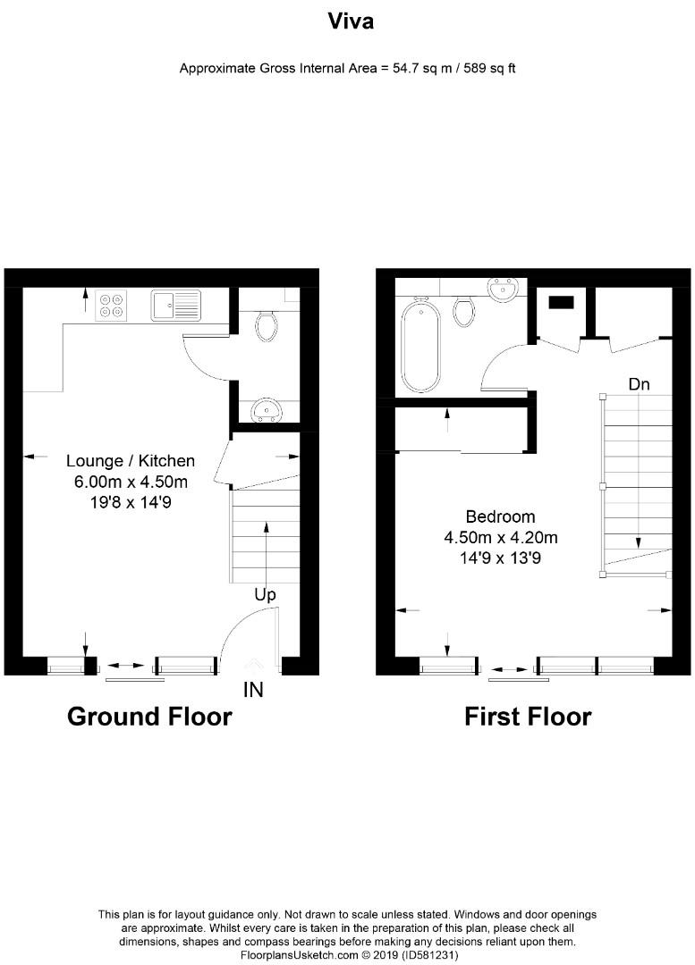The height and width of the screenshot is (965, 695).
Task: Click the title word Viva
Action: tap(349, 22)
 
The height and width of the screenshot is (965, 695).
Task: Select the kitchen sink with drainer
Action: tap(176, 306)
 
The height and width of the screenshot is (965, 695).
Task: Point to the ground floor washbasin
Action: tap(266, 410)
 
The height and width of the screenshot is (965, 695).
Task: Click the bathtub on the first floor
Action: tap(420, 346)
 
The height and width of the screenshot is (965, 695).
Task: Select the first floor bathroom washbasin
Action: tap(504, 289)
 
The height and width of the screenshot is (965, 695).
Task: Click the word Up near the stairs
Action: tap(265, 594)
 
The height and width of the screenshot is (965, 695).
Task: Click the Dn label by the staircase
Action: tap(639, 385)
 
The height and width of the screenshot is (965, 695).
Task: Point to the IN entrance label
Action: tap(253, 690)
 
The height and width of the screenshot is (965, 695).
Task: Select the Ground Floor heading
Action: tap(149, 717)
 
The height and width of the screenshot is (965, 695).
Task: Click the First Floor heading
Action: tap(528, 717)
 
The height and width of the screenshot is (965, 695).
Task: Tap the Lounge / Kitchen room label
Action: tap(131, 461)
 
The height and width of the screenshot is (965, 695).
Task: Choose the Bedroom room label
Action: tap(500, 516)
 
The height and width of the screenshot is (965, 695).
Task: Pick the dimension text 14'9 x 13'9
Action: tap(500, 558)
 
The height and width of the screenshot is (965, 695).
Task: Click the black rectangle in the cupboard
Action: tap(560, 302)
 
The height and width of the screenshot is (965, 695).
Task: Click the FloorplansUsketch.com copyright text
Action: tap(349, 955)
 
